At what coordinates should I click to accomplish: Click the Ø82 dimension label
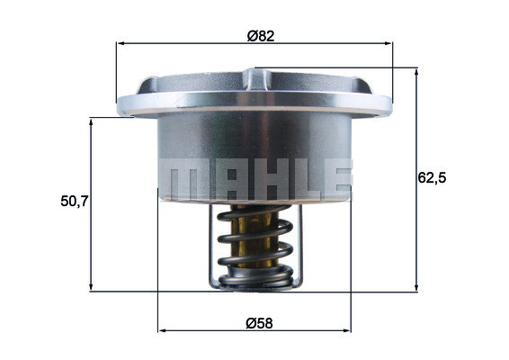click(x=260, y=37)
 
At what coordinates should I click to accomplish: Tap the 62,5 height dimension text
click(x=432, y=177)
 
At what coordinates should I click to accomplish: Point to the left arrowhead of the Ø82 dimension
click(x=121, y=42)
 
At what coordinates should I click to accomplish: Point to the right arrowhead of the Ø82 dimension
click(x=390, y=42)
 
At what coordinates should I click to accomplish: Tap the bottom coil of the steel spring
click(x=256, y=281)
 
